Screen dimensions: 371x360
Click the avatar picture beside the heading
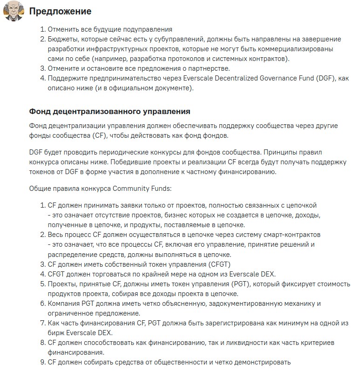click(14, 11)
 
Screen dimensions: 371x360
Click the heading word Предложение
click(61, 11)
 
